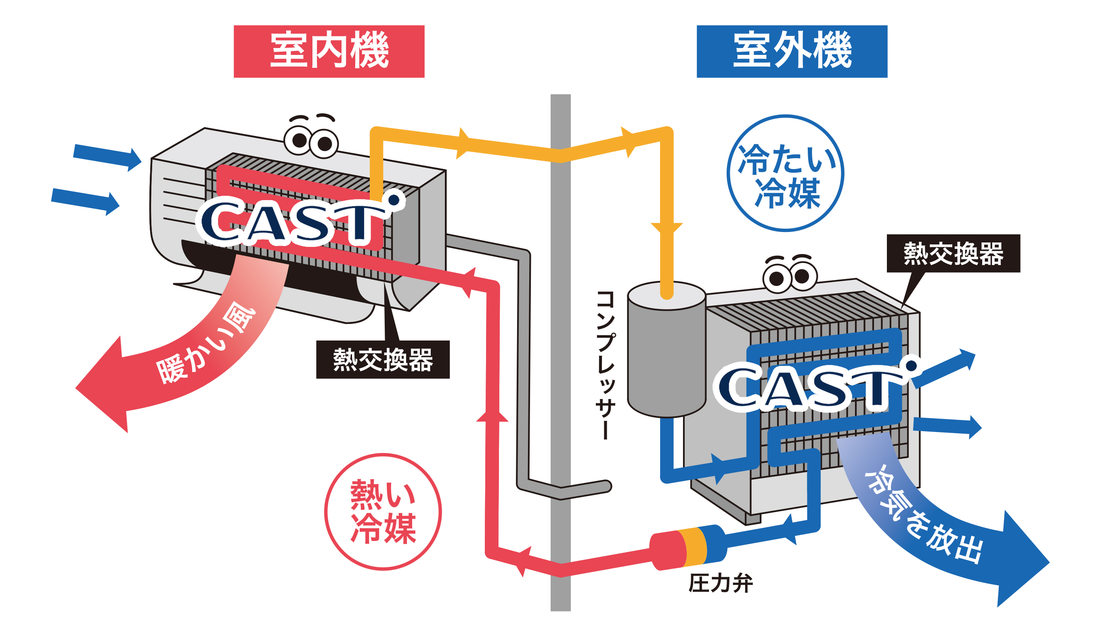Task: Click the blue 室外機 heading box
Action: [792, 51]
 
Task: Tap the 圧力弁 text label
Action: [720, 583]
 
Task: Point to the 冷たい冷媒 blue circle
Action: [785, 173]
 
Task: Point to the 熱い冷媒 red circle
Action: [383, 512]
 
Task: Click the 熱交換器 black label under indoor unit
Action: [383, 359]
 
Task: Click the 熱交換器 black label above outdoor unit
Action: [953, 253]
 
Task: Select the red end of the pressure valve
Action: [666, 550]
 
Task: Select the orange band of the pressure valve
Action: [695, 546]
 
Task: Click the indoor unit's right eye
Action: [325, 144]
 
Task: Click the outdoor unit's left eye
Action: [776, 279]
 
